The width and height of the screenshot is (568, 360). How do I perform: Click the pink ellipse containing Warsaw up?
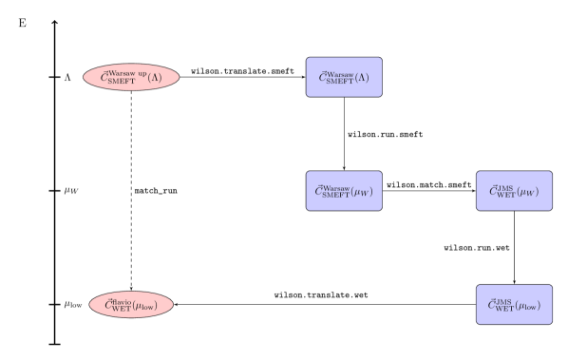[131, 77]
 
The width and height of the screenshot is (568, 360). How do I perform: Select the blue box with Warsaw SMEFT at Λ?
[344, 77]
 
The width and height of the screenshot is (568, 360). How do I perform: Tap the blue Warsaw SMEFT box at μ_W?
[344, 191]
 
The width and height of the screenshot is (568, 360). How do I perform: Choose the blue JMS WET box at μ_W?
[514, 191]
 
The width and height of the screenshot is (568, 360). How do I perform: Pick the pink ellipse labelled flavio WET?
[131, 305]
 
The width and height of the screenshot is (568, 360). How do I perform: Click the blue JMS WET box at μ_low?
[514, 305]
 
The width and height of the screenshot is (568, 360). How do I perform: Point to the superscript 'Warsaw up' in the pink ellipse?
[128, 72]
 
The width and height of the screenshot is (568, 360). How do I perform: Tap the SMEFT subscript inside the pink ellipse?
[121, 82]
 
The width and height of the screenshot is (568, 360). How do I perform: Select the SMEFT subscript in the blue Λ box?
[338, 82]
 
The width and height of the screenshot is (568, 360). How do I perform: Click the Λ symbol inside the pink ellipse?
[157, 77]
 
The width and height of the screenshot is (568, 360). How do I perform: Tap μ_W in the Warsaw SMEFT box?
[362, 192]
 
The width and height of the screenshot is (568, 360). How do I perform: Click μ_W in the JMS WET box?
[530, 192]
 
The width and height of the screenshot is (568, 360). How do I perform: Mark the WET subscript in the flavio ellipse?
[122, 310]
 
